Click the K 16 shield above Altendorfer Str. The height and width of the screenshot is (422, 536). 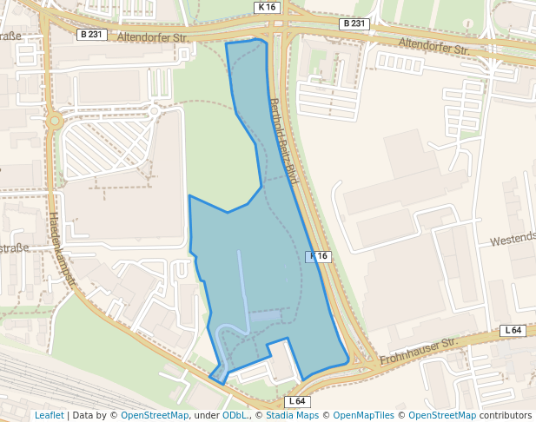tap(267, 7)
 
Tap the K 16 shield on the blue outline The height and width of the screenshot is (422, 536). tap(319, 256)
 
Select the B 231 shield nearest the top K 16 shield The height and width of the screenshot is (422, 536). tap(354, 23)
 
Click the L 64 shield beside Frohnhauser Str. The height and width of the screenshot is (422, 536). tap(513, 331)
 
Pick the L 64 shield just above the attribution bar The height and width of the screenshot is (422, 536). tap(297, 401)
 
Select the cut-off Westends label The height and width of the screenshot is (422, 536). tap(513, 238)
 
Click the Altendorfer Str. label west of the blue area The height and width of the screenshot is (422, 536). tap(153, 38)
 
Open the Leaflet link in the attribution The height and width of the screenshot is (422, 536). tap(49, 416)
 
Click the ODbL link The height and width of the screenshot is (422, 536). tap(234, 416)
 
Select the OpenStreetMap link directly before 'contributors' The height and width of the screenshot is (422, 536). tap(442, 416)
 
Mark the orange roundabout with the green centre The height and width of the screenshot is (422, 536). tap(54, 122)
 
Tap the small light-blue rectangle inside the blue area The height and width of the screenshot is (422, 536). tap(266, 315)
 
